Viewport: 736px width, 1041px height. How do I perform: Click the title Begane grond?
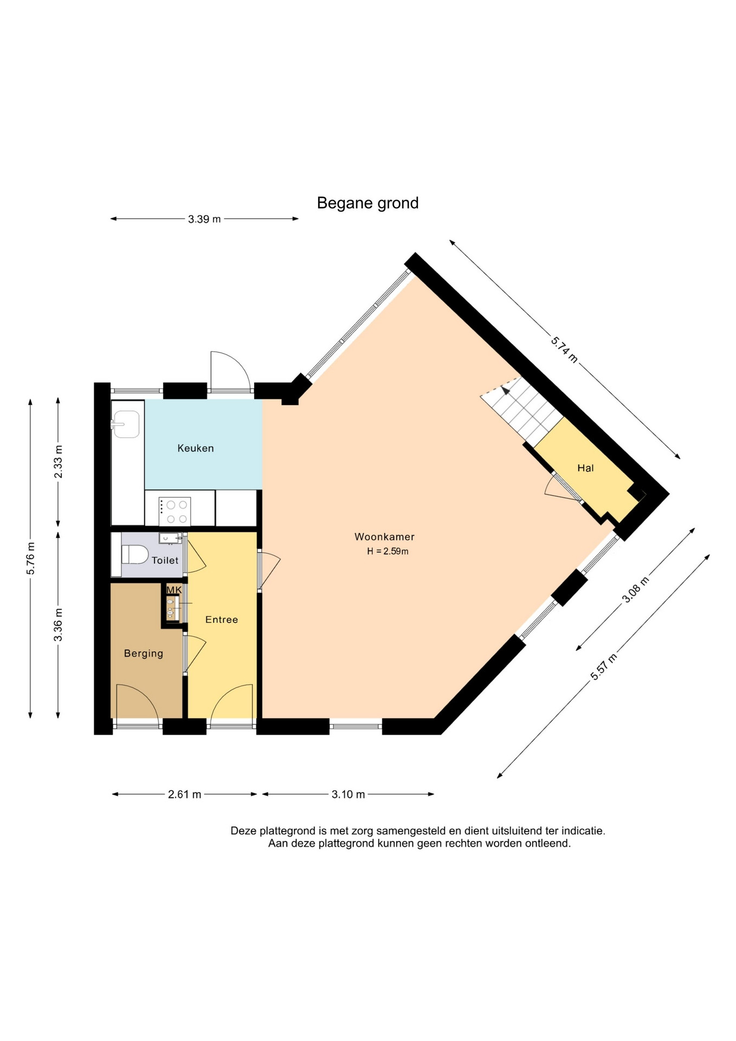pos(367,203)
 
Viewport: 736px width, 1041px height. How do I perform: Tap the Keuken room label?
pos(196,448)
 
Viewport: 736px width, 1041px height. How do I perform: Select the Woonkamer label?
pos(384,537)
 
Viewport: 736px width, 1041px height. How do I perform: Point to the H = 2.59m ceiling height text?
pos(388,551)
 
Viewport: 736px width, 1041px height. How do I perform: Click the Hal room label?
pos(585,468)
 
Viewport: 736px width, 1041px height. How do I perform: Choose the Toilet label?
pos(165,560)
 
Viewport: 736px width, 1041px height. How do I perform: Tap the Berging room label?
pos(144,653)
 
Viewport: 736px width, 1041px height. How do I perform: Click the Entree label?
pos(222,619)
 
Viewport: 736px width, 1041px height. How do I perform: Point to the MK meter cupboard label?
pos(174,590)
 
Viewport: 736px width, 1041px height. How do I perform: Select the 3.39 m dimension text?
pos(204,219)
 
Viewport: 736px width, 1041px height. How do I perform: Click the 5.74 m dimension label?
pos(564,349)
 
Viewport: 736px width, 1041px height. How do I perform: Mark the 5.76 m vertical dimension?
pos(30,558)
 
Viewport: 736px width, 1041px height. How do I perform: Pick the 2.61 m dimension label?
pos(184,794)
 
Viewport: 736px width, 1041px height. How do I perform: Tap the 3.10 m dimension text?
pos(348,794)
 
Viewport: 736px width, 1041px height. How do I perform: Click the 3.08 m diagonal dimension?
pos(635,589)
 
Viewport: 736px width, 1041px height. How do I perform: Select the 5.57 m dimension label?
pos(604,667)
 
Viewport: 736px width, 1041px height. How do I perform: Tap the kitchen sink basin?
pos(126,424)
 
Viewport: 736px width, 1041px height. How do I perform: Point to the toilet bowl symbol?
pos(135,555)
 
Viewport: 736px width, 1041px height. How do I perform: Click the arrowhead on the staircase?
pos(506,389)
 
